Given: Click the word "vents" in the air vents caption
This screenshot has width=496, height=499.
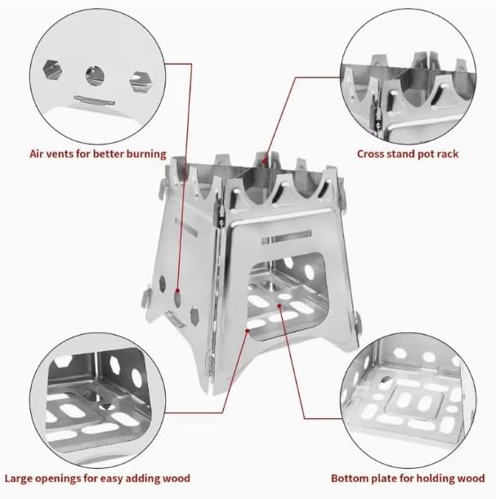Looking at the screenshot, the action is point(60,154).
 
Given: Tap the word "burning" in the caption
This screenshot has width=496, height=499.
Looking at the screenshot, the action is point(146,154).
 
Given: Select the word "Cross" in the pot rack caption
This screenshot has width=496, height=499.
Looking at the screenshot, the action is point(370,154).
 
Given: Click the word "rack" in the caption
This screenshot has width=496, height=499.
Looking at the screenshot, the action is point(447,154).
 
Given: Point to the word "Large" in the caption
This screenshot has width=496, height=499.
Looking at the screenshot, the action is point(18,479).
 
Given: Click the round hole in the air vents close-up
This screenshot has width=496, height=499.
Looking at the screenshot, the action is point(95,76).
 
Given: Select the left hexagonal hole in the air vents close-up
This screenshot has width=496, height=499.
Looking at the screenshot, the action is point(52,69).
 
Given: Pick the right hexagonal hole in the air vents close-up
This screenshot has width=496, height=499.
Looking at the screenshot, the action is point(140,82).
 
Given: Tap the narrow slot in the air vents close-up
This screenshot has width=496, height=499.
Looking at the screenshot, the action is point(94,100).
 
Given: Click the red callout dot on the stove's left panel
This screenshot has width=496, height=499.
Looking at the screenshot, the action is point(177,291).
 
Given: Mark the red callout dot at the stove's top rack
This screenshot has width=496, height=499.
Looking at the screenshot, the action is point(265,161).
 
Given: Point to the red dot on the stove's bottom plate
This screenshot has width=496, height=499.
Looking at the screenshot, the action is point(279,305).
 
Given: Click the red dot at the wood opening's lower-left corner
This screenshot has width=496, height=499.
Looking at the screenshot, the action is point(247,331).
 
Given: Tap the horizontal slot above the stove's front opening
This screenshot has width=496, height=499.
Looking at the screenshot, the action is point(286,237).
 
